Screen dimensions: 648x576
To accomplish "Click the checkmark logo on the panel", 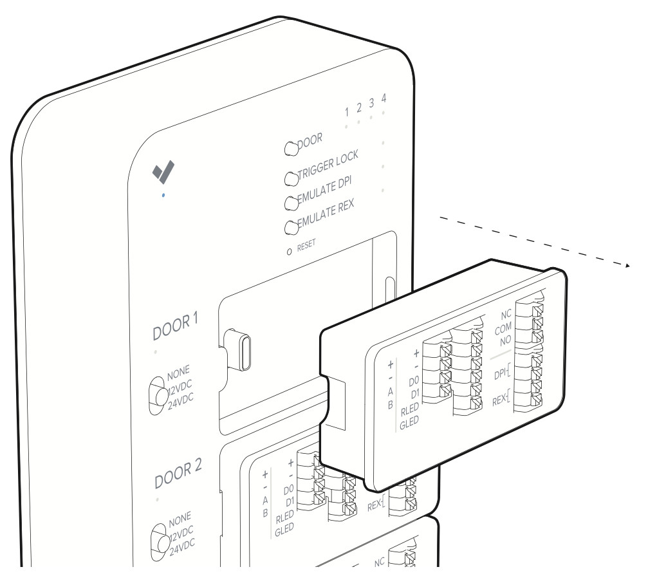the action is click(163, 172).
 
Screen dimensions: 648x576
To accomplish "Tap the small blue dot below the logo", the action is click(163, 195).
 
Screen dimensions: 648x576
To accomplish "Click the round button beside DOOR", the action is click(292, 148).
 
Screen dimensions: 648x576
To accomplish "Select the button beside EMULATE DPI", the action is click(292, 203).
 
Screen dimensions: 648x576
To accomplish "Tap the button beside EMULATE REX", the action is click(292, 227).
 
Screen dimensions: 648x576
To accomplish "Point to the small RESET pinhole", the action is click(289, 251).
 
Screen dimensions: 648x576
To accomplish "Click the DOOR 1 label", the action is click(176, 326).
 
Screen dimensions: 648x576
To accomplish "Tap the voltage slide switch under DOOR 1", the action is click(158, 395).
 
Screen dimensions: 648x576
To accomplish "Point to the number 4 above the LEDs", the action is click(384, 98).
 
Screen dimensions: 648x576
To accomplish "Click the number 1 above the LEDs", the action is click(347, 111).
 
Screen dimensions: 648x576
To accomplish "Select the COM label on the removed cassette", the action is click(503, 329).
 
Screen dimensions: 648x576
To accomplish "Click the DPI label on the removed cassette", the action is click(501, 374).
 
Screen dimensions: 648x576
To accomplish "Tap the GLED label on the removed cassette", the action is click(409, 423).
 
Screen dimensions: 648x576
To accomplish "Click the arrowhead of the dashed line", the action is click(628, 265).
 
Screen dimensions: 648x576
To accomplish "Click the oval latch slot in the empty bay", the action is click(245, 353).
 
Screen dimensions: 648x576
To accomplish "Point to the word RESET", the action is click(306, 245).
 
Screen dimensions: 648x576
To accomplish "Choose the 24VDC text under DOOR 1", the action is click(181, 401).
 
